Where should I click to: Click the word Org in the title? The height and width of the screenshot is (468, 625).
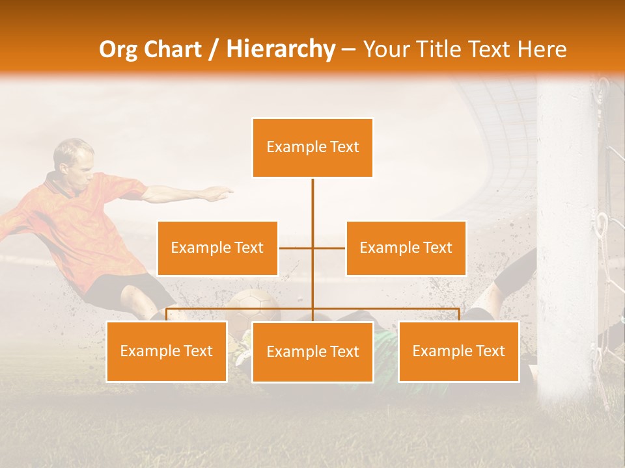click(x=119, y=49)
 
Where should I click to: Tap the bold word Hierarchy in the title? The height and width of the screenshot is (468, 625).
click(x=280, y=49)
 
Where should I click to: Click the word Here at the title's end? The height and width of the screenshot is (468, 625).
click(x=542, y=49)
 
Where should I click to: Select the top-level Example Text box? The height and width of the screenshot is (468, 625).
click(x=312, y=148)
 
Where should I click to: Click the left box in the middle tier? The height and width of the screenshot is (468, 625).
click(x=217, y=248)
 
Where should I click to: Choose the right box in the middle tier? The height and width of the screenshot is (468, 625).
click(x=406, y=248)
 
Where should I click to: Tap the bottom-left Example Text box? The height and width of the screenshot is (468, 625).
click(x=167, y=352)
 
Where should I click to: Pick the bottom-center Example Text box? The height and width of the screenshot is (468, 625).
click(x=312, y=352)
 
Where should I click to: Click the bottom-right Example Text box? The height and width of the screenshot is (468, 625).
click(x=458, y=352)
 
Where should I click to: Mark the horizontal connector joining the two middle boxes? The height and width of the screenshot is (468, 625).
click(x=296, y=248)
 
